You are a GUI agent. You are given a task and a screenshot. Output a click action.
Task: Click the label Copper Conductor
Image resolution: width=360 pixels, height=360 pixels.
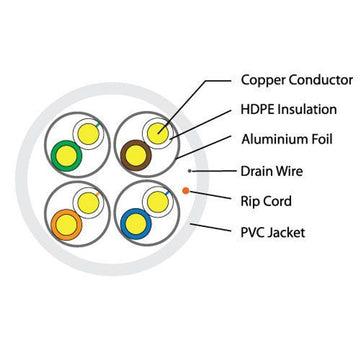[297, 78]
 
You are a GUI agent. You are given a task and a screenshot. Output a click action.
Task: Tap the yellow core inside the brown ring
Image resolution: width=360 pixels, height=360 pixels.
[132, 154]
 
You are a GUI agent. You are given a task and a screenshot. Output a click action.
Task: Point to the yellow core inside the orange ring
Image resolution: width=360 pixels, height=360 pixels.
[68, 222]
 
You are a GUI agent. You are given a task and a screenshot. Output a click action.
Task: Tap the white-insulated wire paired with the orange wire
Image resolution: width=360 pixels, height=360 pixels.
[88, 201]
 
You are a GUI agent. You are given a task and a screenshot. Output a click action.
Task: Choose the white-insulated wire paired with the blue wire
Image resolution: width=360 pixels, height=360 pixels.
[158, 201]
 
